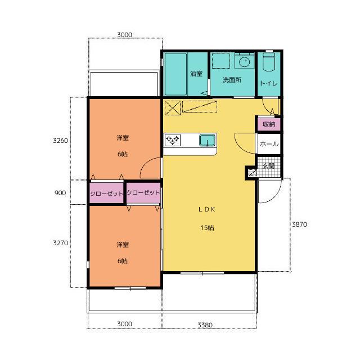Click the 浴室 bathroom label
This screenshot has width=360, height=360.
(196, 74)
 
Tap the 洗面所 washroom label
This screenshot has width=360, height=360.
(232, 80)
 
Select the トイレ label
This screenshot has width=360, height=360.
(269, 83)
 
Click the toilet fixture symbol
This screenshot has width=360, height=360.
(269, 62)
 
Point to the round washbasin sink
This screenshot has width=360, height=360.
(244, 62)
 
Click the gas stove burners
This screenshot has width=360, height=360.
(173, 140)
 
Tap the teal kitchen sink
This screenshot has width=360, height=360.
(207, 140)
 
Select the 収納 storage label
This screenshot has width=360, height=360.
(269, 124)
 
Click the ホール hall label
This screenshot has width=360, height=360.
(269, 144)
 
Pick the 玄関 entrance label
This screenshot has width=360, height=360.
(268, 166)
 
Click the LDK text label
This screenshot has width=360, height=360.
(207, 209)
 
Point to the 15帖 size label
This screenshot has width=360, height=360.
(208, 228)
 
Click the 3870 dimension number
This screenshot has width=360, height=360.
(299, 224)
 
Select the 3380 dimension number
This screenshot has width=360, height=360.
(205, 325)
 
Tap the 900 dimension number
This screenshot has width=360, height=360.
(60, 193)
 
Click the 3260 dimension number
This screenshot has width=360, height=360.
(60, 140)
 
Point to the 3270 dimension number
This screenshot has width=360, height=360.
(60, 242)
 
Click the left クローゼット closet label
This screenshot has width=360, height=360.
(106, 193)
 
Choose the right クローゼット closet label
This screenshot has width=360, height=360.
(143, 192)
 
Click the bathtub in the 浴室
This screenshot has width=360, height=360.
(175, 74)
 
